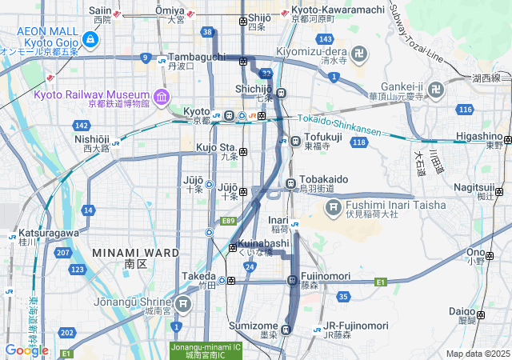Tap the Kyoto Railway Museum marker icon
pos(162,97)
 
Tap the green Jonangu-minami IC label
pos(205,350)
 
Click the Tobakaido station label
pos(324,180)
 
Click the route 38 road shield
pos(208,32)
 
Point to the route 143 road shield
pos(324,38)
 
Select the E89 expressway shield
pos(229,220)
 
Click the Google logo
pos(26,350)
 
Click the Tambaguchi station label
pos(196,58)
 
